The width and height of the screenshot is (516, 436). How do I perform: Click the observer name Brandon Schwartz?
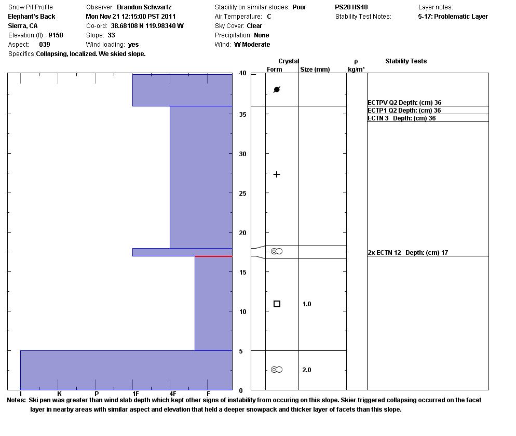(x=144, y=7)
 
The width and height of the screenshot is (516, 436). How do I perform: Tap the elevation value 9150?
(x=56, y=35)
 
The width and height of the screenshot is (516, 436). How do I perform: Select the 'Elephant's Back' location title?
(x=32, y=17)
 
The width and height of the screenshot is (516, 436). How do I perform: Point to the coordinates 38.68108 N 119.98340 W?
(x=147, y=26)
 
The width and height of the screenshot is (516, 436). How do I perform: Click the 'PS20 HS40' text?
(x=351, y=7)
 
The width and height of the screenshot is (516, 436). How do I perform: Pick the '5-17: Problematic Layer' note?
(x=453, y=17)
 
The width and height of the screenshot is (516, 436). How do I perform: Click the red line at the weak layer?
(x=213, y=256)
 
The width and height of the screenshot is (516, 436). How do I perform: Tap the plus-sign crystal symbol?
(x=277, y=174)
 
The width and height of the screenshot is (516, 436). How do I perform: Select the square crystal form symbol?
(x=277, y=304)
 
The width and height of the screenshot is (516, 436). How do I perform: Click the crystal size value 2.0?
(x=307, y=370)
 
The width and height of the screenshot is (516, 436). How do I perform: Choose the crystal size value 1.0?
(x=307, y=304)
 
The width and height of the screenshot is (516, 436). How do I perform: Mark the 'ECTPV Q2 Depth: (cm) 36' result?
(x=404, y=103)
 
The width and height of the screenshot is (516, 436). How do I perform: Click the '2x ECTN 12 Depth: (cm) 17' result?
(x=408, y=253)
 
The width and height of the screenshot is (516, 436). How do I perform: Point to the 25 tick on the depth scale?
(x=242, y=194)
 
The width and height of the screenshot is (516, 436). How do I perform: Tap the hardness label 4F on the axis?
(x=173, y=394)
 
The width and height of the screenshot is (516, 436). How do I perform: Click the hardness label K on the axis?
(x=60, y=394)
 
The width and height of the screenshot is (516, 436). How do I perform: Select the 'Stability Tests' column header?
(x=405, y=61)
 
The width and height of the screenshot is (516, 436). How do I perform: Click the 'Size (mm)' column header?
(x=315, y=70)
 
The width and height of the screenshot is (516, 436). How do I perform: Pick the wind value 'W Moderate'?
(x=252, y=45)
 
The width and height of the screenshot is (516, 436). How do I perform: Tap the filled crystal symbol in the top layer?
(x=277, y=90)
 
